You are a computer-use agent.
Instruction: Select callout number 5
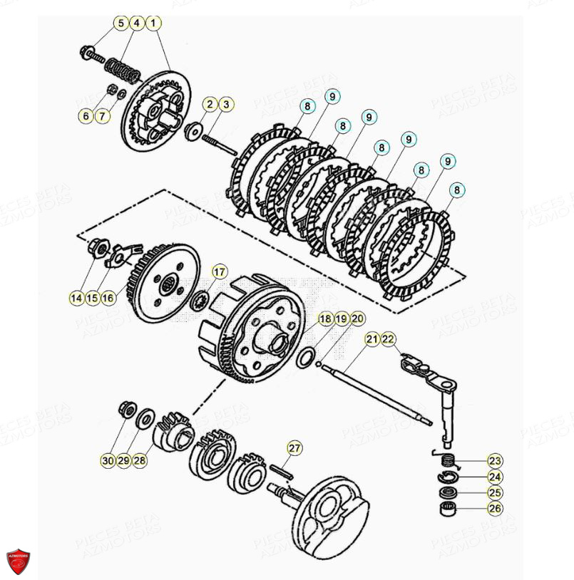coord(121,24)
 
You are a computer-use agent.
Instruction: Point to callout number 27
coord(294,448)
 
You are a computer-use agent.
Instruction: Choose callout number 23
coord(495,460)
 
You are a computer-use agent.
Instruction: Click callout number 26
coord(495,509)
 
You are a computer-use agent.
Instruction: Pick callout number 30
coord(107,461)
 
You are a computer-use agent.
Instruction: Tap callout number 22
coord(388,339)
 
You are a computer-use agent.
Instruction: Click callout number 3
coord(225,105)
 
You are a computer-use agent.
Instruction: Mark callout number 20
coord(357,319)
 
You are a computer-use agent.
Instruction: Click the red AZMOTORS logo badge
coord(19,559)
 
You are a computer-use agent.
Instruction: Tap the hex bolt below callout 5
coord(90,52)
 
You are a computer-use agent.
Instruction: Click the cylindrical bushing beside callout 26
coord(447,509)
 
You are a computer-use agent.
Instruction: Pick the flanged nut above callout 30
coord(129,409)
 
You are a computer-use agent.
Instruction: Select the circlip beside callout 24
coord(446,475)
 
